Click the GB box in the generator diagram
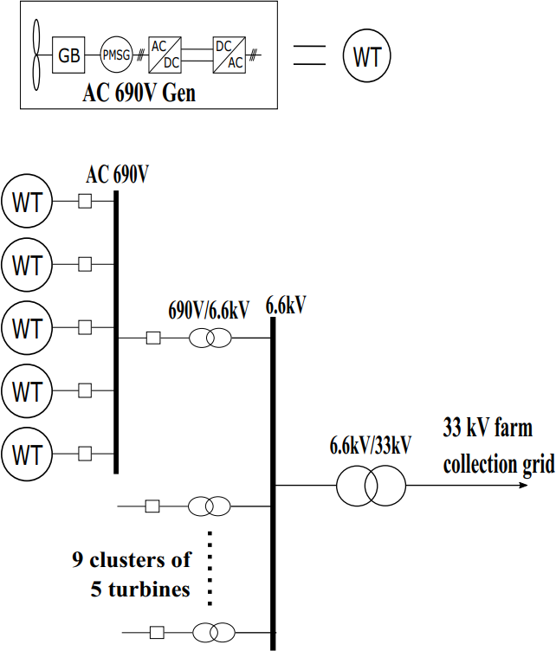click(x=68, y=56)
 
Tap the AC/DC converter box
click(x=165, y=56)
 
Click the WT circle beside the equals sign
click(x=367, y=57)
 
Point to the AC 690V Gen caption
click(x=140, y=93)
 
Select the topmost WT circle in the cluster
click(x=28, y=203)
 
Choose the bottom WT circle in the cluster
click(x=28, y=453)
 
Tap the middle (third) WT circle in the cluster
click(x=28, y=328)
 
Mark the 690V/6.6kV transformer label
click(x=209, y=308)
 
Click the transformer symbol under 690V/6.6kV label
click(x=210, y=338)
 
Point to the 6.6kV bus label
click(x=287, y=305)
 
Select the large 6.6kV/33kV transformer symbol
click(x=371, y=486)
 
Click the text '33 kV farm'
click(x=488, y=428)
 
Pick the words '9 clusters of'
click(x=131, y=559)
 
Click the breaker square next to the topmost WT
click(x=85, y=203)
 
